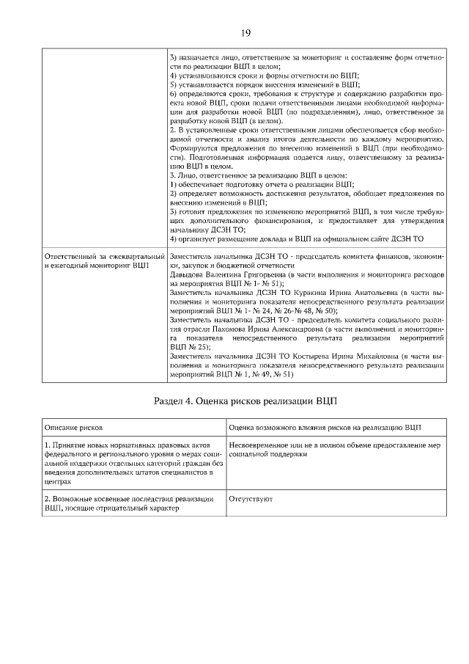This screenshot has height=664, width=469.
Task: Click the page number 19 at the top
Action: pyautogui.click(x=246, y=32)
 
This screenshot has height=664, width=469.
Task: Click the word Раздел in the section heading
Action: pyautogui.click(x=173, y=401)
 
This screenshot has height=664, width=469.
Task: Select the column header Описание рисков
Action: pyautogui.click(x=73, y=427)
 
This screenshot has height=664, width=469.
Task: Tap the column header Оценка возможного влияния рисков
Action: pyautogui.click(x=325, y=427)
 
